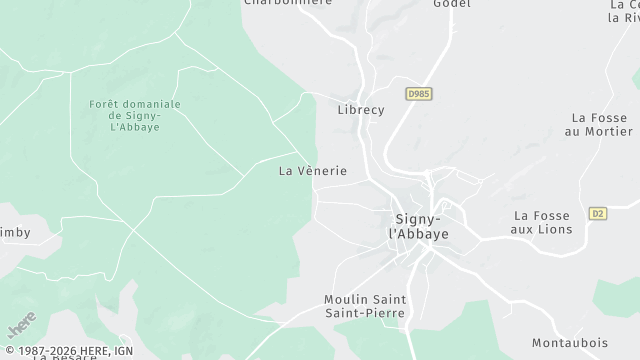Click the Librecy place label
(x=361, y=110)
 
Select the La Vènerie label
(x=313, y=171)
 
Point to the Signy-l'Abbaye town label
(x=419, y=225)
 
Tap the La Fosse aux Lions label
(x=542, y=222)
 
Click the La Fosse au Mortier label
(x=600, y=124)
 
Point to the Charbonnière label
(x=287, y=3)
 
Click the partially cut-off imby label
(x=15, y=233)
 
